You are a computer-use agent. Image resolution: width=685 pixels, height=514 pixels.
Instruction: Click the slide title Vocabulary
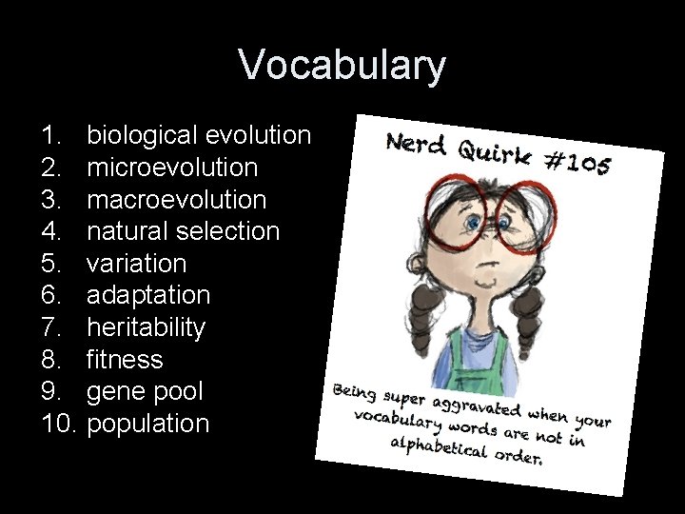(342, 66)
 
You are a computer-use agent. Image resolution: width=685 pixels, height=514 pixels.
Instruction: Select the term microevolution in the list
(172, 168)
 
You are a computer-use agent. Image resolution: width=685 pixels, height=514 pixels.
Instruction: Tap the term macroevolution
(177, 200)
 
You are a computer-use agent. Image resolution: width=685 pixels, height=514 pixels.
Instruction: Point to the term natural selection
(184, 231)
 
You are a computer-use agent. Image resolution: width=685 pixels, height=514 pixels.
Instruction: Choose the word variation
(137, 264)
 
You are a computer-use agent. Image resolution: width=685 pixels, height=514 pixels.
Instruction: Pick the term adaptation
(148, 296)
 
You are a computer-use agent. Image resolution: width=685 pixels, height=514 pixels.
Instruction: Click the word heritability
(146, 327)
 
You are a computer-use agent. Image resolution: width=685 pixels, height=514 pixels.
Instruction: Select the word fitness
(125, 360)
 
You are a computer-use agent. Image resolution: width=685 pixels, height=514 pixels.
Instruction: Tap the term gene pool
(145, 391)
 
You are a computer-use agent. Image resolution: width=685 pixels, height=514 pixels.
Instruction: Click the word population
(147, 424)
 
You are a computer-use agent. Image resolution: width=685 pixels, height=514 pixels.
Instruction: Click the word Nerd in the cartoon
(417, 144)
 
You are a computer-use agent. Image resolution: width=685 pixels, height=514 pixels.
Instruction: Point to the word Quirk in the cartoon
(496, 152)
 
